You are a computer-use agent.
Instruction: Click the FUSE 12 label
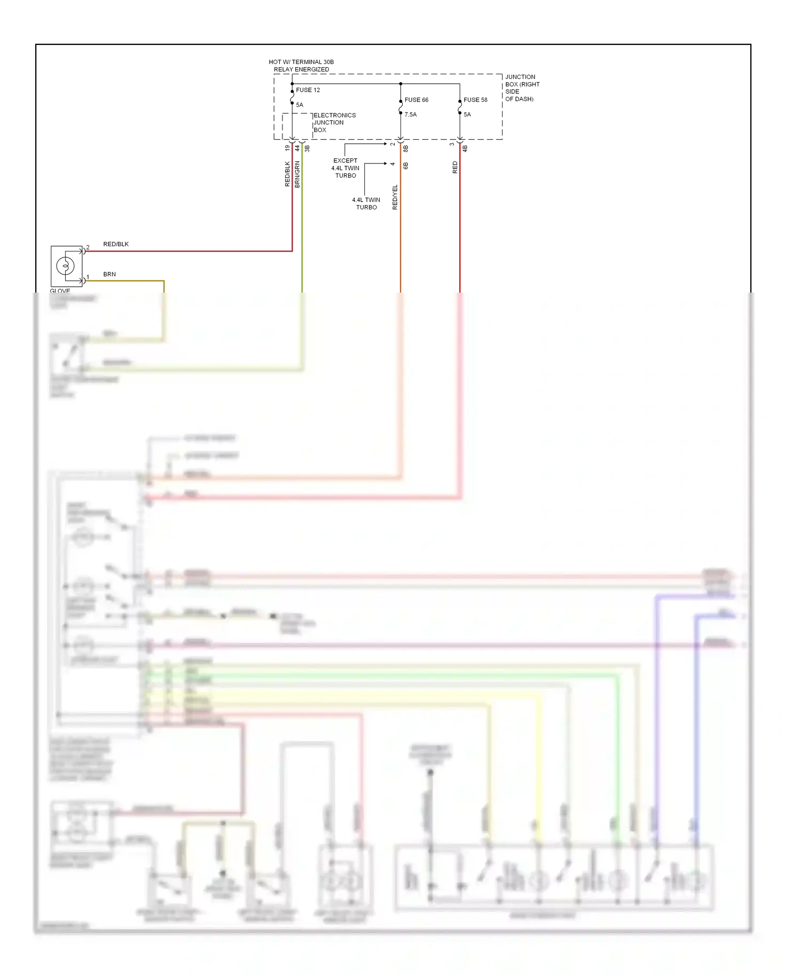[x=308, y=90]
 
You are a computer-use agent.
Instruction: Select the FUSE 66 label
[x=416, y=100]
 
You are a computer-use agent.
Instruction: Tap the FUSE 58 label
[x=475, y=100]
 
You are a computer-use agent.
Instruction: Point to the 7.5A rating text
[x=410, y=114]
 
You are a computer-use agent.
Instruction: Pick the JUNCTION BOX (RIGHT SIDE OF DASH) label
[x=522, y=88]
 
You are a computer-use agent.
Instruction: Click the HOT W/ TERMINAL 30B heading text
[x=301, y=62]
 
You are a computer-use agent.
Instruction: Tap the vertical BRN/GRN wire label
[x=297, y=174]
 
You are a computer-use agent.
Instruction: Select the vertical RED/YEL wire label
[x=395, y=197]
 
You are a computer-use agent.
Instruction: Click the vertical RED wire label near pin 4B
[x=455, y=167]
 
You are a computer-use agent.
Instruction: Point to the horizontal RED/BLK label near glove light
[x=116, y=244]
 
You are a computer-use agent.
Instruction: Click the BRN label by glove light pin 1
[x=109, y=274]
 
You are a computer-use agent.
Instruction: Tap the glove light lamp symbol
[x=66, y=265]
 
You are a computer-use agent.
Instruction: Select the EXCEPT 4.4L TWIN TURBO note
[x=345, y=168]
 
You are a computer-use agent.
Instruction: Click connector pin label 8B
[x=406, y=148]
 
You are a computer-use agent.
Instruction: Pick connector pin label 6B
[x=406, y=166]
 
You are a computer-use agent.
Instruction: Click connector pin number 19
[x=287, y=148]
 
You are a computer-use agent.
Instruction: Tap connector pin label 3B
[x=307, y=148]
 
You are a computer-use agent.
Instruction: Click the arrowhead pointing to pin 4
[x=385, y=163]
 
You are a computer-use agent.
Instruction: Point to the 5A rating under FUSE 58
[x=467, y=114]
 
